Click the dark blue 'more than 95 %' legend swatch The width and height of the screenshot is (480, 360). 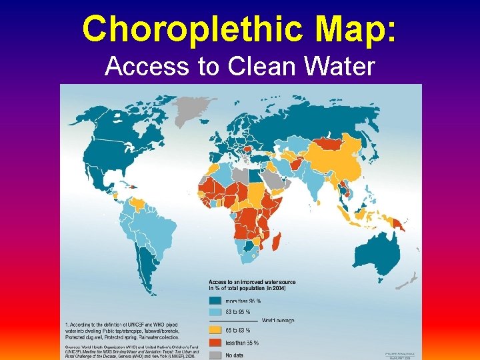(217, 301)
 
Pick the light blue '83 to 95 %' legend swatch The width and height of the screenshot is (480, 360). (217, 311)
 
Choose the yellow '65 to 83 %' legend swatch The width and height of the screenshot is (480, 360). (217, 330)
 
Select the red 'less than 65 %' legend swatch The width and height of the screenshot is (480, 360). (217, 343)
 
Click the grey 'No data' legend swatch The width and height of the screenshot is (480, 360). (217, 355)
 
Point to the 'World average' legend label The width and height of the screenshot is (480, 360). (278, 321)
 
